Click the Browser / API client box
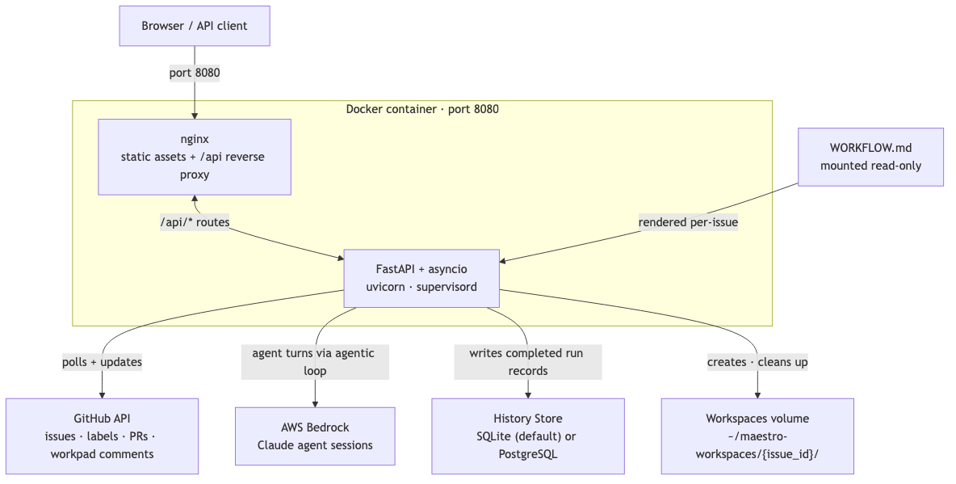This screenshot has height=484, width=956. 195,26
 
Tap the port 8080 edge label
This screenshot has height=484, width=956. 195,73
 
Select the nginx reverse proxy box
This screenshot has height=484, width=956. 195,157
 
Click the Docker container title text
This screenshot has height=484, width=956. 422,109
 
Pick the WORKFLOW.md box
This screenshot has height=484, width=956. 870,157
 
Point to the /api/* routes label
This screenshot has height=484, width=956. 195,222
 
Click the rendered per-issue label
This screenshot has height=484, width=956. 688,222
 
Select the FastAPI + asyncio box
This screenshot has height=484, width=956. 421,278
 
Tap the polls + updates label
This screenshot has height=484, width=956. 102,362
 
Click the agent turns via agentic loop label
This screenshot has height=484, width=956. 315,362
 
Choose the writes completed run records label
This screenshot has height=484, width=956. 528,362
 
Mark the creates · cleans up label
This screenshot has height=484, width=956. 757,362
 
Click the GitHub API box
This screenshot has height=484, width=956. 102,436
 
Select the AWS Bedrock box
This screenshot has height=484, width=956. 315,436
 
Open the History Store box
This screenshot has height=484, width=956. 528,436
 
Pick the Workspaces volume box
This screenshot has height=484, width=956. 757,436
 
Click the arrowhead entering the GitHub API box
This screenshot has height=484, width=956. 102,394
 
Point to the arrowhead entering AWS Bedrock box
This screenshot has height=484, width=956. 315,403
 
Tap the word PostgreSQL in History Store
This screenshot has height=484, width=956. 528,454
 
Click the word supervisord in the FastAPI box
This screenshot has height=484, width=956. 447,287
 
